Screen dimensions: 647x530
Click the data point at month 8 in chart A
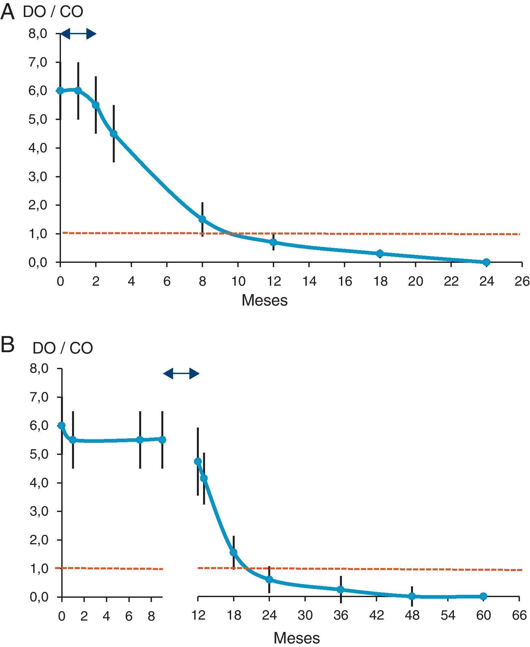click(202, 219)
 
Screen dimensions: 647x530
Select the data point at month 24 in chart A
click(486, 262)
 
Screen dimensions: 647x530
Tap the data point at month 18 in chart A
click(380, 253)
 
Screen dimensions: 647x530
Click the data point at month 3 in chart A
click(113, 133)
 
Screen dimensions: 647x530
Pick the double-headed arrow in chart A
click(79, 33)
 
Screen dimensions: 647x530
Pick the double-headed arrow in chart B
click(181, 373)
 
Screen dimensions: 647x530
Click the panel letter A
click(7, 12)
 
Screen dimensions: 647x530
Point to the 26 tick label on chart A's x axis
click(522, 281)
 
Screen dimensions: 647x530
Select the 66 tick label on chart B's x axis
click(519, 615)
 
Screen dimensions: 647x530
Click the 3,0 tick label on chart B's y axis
click(39, 511)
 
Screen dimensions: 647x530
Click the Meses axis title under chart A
click(264, 300)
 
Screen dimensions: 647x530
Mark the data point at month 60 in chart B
click(483, 596)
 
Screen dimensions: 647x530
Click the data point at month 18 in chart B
click(233, 552)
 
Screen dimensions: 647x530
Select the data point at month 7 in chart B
click(140, 440)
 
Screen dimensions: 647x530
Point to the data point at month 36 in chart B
click(341, 589)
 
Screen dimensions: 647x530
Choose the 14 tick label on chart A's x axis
click(309, 281)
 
